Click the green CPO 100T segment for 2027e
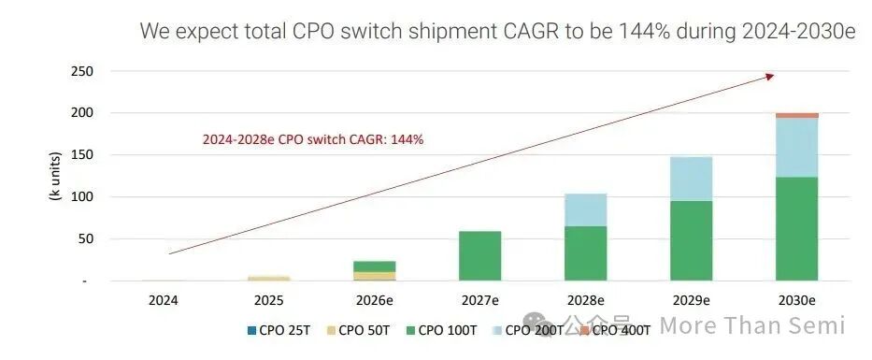pyautogui.click(x=479, y=255)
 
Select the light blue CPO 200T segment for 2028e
pyautogui.click(x=585, y=209)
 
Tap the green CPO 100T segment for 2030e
pyautogui.click(x=796, y=228)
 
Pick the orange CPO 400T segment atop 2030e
pyautogui.click(x=796, y=115)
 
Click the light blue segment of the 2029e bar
pyautogui.click(x=691, y=179)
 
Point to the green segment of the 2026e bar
pyautogui.click(x=374, y=266)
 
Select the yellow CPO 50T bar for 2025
pyautogui.click(x=268, y=278)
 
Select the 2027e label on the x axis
pyautogui.click(x=479, y=301)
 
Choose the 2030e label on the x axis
pyautogui.click(x=796, y=301)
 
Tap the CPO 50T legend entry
pyautogui.click(x=359, y=329)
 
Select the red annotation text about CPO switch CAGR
pyautogui.click(x=313, y=139)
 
